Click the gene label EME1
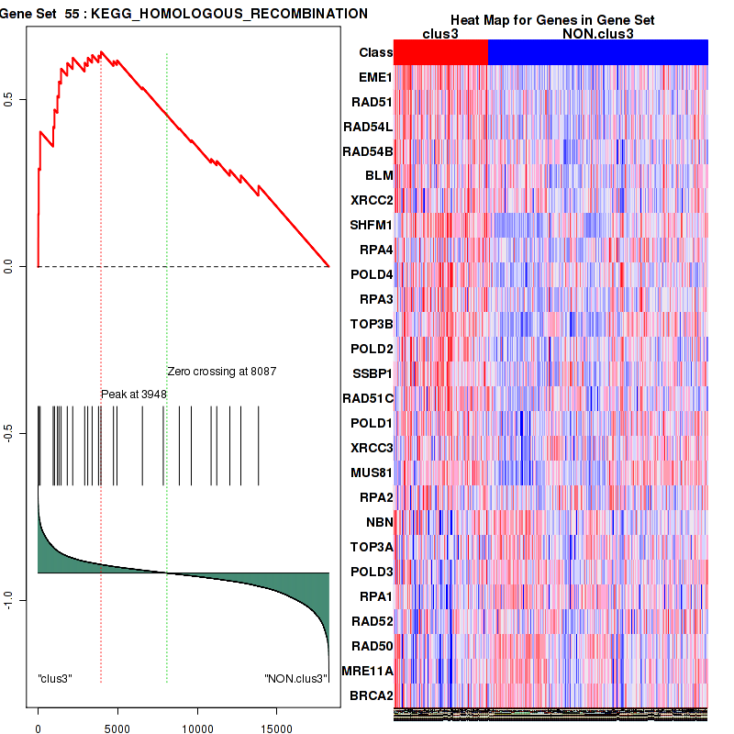(x=376, y=77)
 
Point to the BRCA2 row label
(x=372, y=695)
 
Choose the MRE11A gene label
(x=368, y=671)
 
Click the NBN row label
(x=379, y=522)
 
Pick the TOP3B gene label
(x=372, y=324)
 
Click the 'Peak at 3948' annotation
(x=134, y=394)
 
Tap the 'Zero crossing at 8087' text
(x=221, y=372)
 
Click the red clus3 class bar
(x=440, y=53)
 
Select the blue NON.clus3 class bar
(x=597, y=53)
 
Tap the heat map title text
(x=551, y=20)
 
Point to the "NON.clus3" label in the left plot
(x=295, y=679)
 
